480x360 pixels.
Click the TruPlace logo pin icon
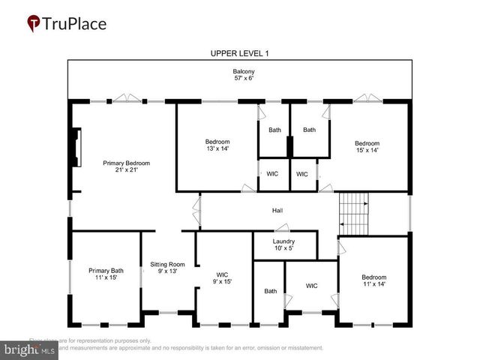click(34, 23)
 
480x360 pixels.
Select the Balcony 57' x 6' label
click(239, 75)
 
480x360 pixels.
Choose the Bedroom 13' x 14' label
click(217, 145)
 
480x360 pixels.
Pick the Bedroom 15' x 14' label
click(367, 147)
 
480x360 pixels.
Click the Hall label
click(277, 211)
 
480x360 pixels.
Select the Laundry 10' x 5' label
click(283, 244)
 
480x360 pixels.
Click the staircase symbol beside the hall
click(354, 211)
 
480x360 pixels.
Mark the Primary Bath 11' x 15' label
click(106, 274)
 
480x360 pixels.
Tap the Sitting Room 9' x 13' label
click(167, 268)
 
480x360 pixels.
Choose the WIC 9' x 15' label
click(222, 278)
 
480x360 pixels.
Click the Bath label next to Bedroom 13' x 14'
click(274, 130)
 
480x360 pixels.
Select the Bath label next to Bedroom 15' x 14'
click(309, 130)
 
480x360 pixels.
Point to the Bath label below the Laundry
click(270, 291)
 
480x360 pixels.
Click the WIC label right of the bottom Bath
click(312, 285)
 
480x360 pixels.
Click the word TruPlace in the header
click(75, 23)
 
